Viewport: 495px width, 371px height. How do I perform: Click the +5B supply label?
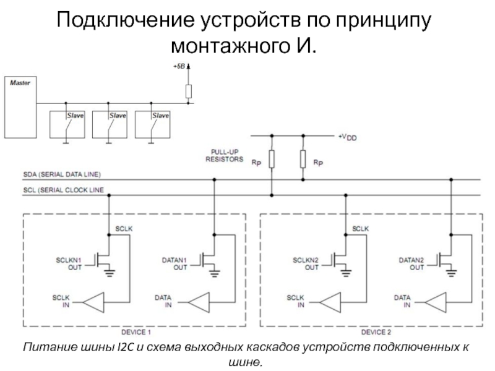point(179,66)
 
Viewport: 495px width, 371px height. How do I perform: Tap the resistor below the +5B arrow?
point(189,91)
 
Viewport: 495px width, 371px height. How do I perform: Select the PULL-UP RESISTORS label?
point(224,155)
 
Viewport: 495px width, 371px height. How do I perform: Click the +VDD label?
point(347,137)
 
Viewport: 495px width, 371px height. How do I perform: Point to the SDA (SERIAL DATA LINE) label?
point(62,175)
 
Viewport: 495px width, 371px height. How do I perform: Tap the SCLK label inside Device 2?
point(361,229)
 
